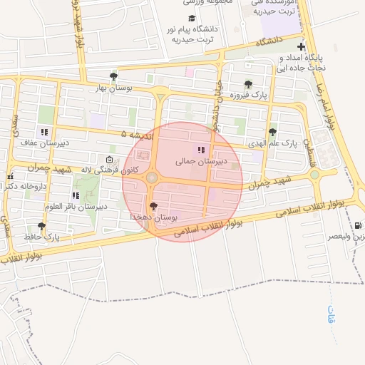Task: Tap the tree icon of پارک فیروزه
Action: coord(248,84)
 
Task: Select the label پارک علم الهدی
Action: coord(272,143)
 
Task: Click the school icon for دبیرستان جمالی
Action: coord(201,150)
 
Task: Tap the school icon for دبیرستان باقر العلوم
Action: coord(76,195)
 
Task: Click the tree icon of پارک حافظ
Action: coord(41,225)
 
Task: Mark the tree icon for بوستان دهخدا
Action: coord(153,205)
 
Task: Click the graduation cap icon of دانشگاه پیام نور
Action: coord(191,19)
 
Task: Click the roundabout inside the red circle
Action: coord(152,178)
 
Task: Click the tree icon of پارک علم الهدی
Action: coord(272,132)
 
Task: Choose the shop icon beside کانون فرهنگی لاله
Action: coord(108,159)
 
